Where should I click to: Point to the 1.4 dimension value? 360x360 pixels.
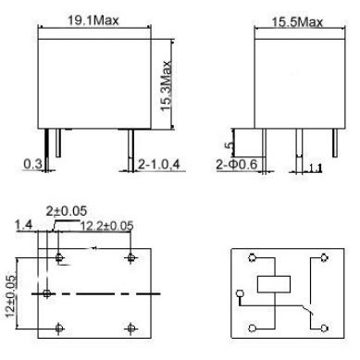(x=24, y=225)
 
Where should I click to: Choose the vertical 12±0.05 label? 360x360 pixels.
(x=11, y=293)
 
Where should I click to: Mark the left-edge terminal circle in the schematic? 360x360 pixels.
(x=239, y=297)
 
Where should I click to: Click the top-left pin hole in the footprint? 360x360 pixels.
(x=60, y=257)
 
